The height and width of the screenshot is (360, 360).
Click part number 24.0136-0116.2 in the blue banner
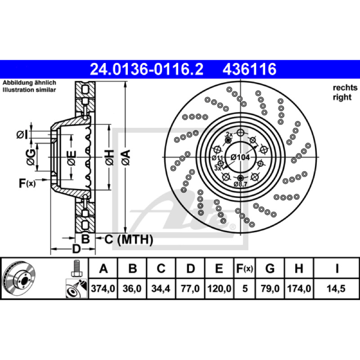pos(147,69)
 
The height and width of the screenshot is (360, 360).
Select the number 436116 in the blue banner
pos(249,69)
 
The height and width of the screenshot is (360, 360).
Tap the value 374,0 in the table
pos(103,288)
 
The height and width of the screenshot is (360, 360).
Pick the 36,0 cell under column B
pos(132,288)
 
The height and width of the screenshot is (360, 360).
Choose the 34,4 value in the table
pos(161,288)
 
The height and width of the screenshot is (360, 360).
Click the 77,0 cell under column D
pos(190,288)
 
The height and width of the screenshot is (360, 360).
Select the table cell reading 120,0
pos(219,288)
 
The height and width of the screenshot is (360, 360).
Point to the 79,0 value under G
pos(270,288)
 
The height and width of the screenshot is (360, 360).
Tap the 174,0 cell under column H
pos(299,288)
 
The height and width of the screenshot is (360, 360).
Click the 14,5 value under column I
pos(336,288)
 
